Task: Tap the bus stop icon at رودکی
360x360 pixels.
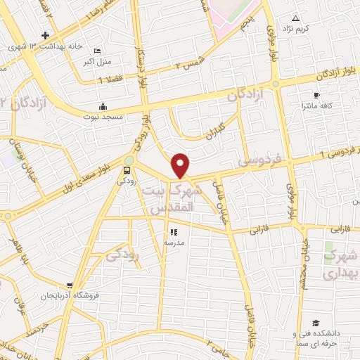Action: point(127,169)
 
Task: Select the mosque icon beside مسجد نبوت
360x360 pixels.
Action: point(104,106)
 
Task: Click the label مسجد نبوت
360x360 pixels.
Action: point(103,115)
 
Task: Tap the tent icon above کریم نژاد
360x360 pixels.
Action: point(295,18)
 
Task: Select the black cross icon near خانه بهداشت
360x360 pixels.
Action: point(46,35)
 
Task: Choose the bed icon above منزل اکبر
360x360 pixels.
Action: point(96,51)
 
